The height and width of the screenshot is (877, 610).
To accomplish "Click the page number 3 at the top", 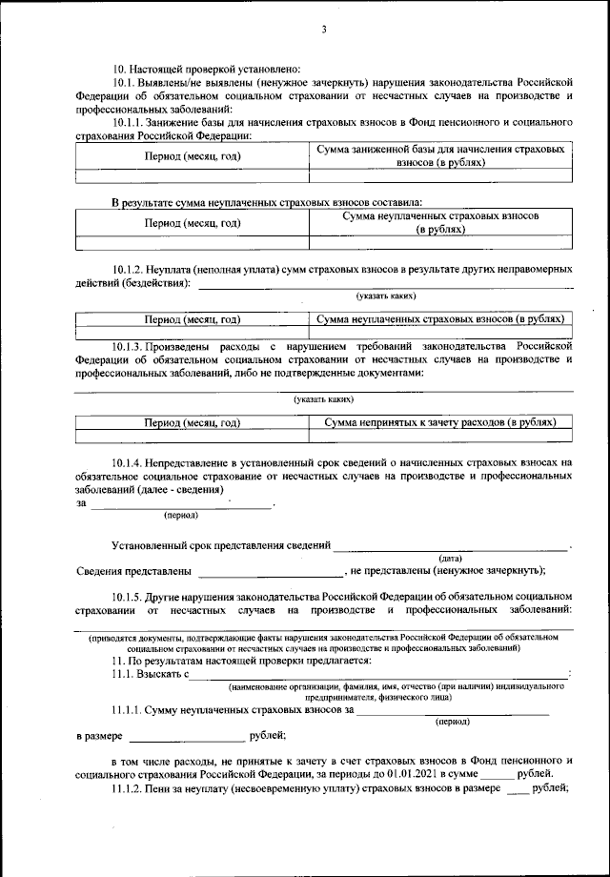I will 323,30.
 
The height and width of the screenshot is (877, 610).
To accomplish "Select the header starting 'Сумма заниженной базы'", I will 441,155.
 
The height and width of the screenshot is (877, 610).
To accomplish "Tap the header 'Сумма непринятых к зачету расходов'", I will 439,421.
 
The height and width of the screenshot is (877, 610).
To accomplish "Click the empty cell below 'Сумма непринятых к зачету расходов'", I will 441,437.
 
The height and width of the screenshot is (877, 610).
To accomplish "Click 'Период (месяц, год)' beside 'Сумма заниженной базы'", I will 192,155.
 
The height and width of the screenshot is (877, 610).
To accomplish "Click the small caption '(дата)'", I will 450,557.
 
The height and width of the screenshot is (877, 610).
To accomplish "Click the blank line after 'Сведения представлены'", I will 272,572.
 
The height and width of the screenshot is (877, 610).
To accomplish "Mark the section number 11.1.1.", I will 131,709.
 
